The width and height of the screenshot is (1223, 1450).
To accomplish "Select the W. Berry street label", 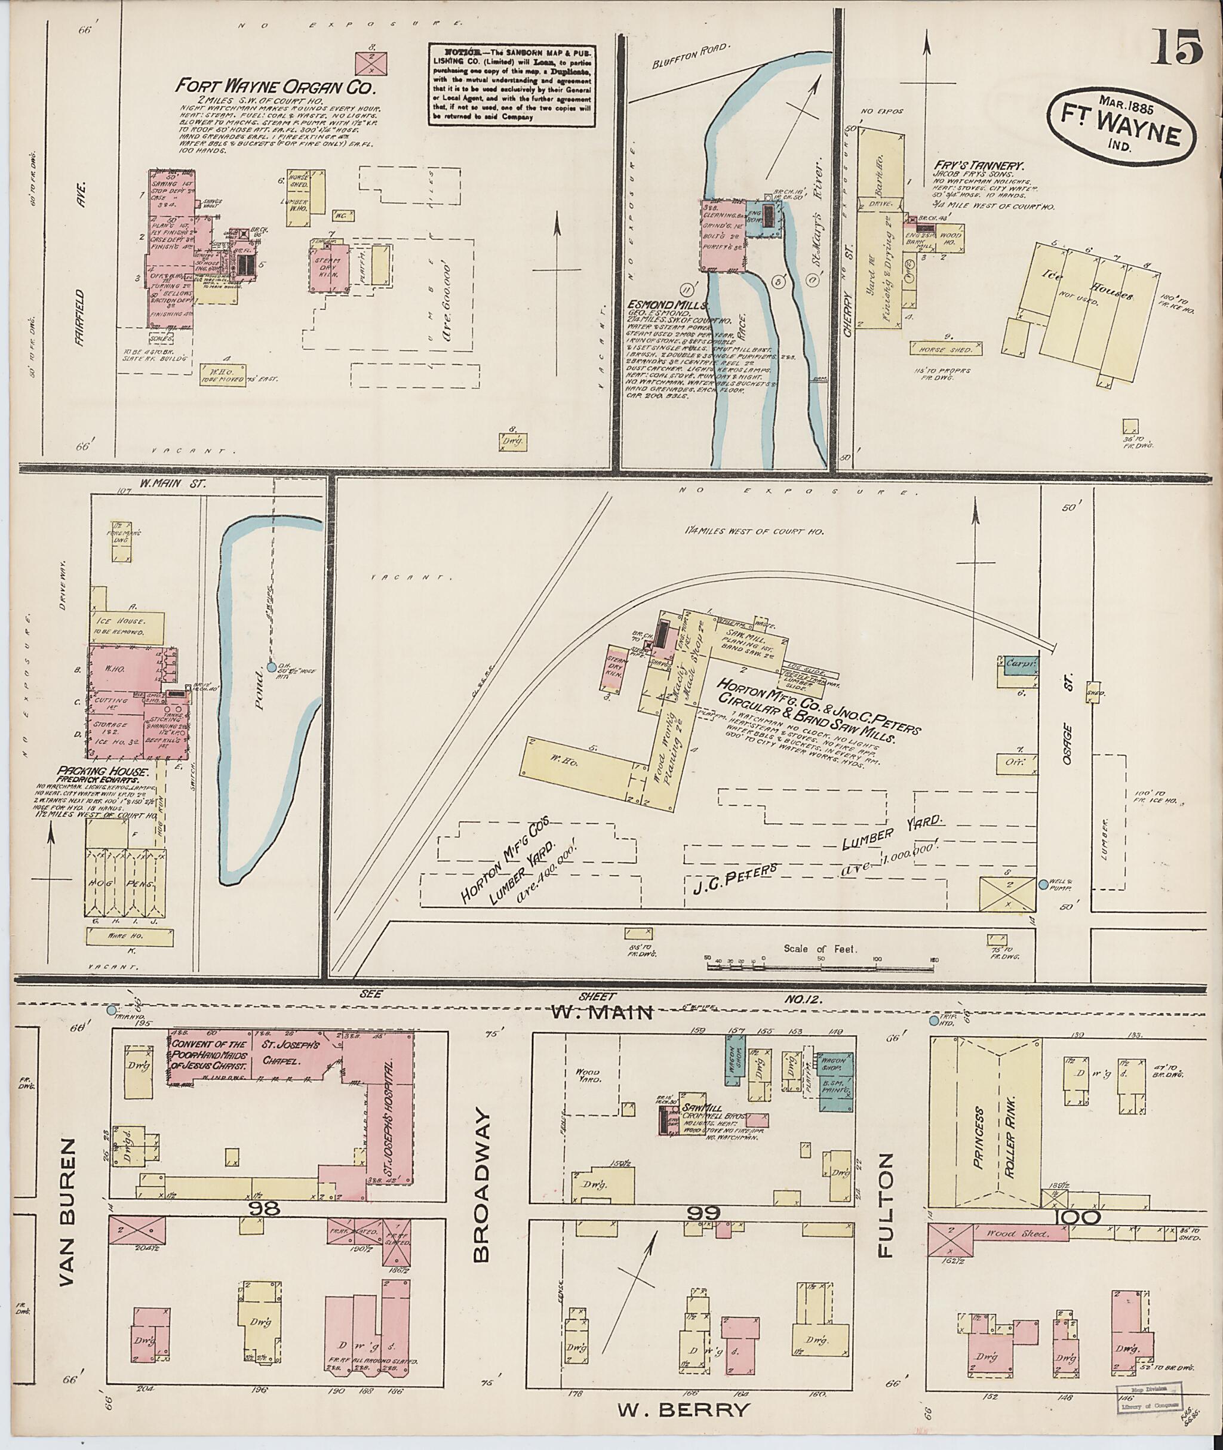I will click(x=682, y=1409).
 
